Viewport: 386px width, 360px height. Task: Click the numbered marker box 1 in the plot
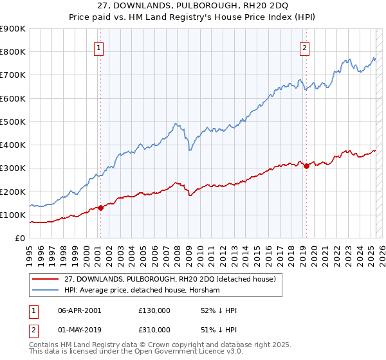100,46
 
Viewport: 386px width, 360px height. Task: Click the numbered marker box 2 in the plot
304,46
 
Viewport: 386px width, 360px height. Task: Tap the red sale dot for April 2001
100,208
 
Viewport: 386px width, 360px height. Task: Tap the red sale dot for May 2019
306,166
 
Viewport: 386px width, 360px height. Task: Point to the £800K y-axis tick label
13,52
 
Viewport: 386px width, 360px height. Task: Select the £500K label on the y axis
13,122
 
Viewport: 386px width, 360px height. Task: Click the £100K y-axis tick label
13,215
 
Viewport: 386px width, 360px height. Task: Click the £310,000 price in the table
154,330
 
